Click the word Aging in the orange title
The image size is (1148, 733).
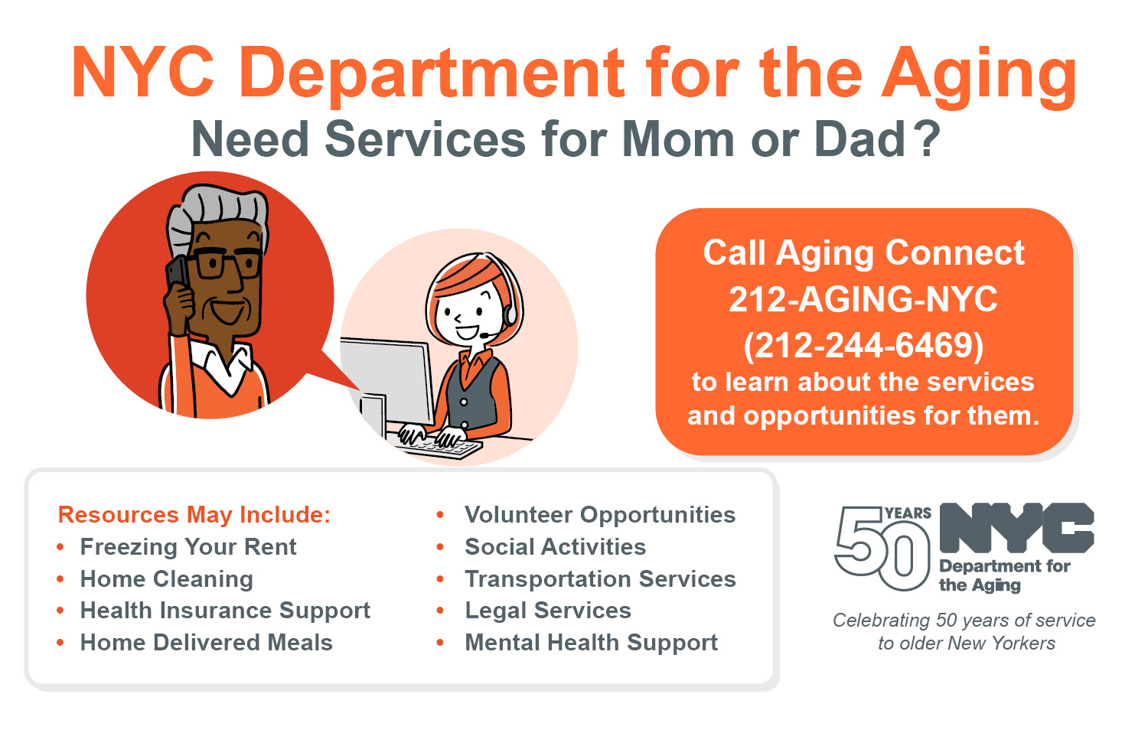(980, 75)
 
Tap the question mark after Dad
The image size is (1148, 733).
(928, 139)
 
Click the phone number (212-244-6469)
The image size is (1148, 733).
(863, 345)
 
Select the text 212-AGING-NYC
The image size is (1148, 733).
(863, 299)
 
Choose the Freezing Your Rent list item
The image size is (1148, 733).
(188, 547)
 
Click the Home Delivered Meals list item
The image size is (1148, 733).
(206, 643)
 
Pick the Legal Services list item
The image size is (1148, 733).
(548, 611)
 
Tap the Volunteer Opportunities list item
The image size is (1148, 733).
(600, 515)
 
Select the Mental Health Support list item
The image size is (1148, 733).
(591, 643)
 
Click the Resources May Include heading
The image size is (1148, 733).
(194, 515)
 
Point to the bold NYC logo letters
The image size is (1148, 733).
(1016, 528)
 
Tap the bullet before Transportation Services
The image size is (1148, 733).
(440, 579)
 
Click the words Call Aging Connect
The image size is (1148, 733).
(863, 253)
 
